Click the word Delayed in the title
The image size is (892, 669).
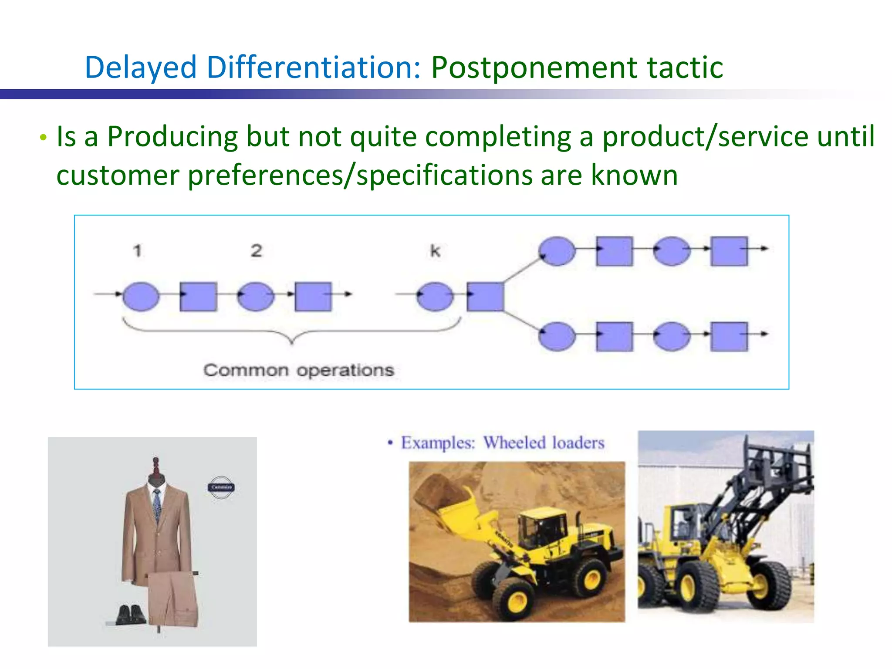(141, 68)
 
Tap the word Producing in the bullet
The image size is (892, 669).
(172, 137)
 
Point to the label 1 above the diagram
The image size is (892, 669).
(138, 251)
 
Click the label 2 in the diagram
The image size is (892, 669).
(257, 251)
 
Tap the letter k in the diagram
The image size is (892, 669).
(435, 251)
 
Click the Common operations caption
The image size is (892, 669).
(299, 371)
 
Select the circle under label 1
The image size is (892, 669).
(141, 296)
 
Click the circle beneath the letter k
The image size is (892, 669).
(435, 296)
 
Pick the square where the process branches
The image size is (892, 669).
(485, 297)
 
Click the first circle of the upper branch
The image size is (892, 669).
(557, 251)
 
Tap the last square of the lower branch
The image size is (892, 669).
(729, 336)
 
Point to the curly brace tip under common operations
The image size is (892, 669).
(292, 342)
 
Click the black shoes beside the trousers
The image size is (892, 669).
(131, 615)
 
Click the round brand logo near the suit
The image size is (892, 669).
(221, 487)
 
